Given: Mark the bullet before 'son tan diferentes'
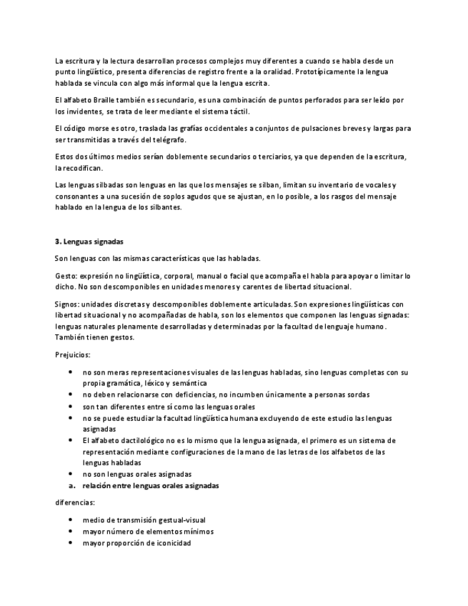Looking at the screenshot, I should tap(69, 406).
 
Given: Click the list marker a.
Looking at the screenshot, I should tap(69, 485).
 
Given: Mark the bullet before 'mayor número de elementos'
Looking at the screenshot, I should tap(69, 532).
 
